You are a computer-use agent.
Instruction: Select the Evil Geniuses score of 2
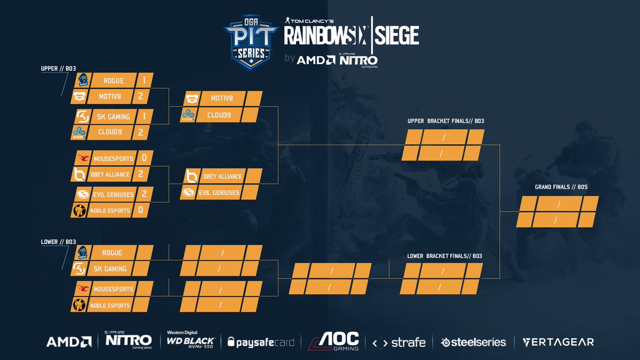click(144, 194)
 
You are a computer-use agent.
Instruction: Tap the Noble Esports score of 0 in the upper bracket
click(140, 210)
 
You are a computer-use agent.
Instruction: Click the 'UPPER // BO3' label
click(58, 69)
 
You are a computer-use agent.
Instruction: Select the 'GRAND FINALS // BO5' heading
click(557, 187)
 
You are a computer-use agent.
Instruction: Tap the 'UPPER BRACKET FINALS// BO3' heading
click(445, 121)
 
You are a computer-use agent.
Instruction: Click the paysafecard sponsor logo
click(261, 342)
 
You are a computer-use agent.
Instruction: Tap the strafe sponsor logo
click(399, 342)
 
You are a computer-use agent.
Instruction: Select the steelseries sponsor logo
click(473, 342)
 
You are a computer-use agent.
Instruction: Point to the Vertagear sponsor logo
click(558, 342)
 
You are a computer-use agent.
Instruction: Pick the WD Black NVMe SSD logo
click(191, 339)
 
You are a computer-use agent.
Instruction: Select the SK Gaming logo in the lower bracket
click(79, 269)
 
